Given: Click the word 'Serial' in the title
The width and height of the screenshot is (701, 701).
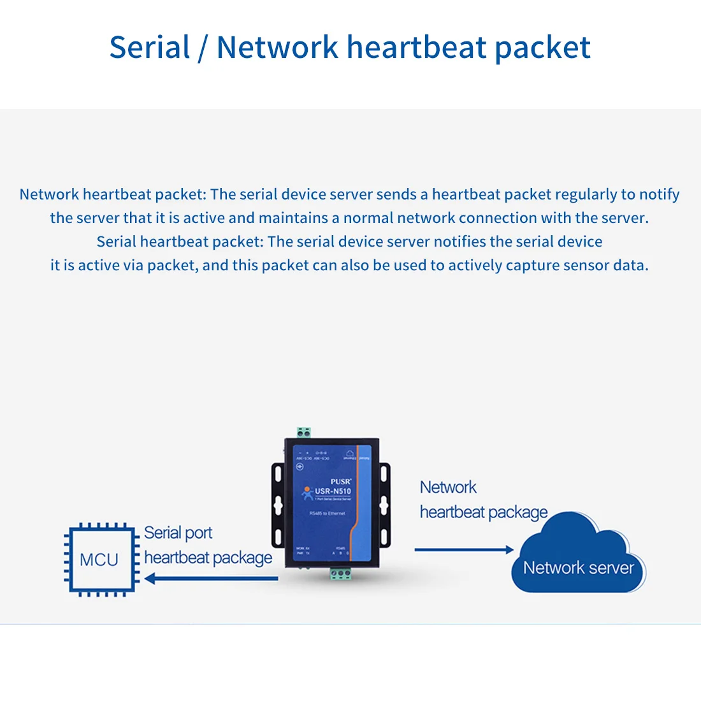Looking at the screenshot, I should pyautogui.click(x=150, y=48).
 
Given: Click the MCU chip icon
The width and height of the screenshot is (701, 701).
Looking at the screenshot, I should pyautogui.click(x=100, y=560).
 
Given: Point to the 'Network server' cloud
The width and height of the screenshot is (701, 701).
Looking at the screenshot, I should pyautogui.click(x=577, y=561).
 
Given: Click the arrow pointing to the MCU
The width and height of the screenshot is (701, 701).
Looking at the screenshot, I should pyautogui.click(x=211, y=579).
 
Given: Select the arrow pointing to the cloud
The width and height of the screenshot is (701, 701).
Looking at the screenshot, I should pyautogui.click(x=464, y=549).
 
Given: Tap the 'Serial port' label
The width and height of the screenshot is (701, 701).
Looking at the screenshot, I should pyautogui.click(x=178, y=533).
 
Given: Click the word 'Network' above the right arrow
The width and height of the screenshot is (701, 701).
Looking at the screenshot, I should pyautogui.click(x=448, y=488).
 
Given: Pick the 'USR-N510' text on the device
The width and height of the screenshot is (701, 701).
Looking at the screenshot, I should pyautogui.click(x=333, y=491).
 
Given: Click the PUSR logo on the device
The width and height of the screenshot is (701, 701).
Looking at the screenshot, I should pyautogui.click(x=340, y=482).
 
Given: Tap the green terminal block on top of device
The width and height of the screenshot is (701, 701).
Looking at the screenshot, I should pyautogui.click(x=303, y=433).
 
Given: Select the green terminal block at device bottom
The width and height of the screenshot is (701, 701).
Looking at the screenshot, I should pyautogui.click(x=340, y=574).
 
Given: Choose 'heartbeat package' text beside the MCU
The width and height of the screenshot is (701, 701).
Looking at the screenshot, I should pyautogui.click(x=208, y=558).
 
